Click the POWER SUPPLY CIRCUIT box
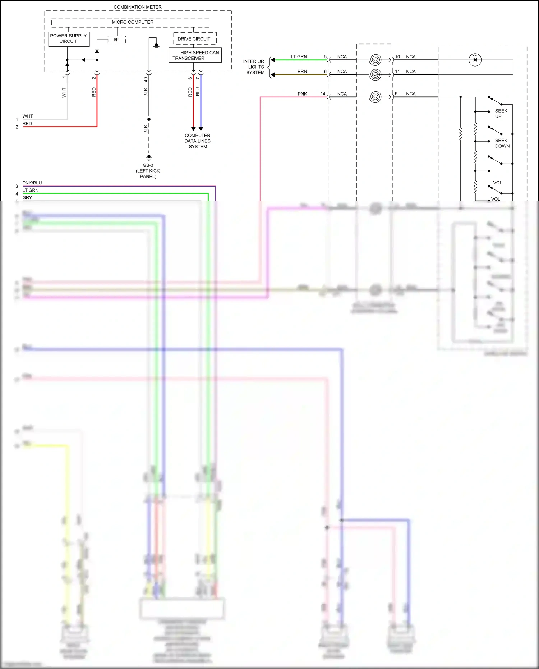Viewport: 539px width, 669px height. pyautogui.click(x=68, y=39)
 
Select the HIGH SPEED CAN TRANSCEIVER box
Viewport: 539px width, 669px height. pyautogui.click(x=195, y=55)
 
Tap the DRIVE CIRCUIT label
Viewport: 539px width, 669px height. pyautogui.click(x=194, y=39)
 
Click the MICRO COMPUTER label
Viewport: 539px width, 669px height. pyautogui.click(x=132, y=22)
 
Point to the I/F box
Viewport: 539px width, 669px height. pyautogui.click(x=116, y=40)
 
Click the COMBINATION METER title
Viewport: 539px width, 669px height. pyautogui.click(x=138, y=7)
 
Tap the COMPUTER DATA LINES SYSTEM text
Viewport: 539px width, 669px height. pyautogui.click(x=198, y=141)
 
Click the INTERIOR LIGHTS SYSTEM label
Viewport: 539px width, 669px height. pyautogui.click(x=254, y=67)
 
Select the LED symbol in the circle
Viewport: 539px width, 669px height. pyautogui.click(x=475, y=60)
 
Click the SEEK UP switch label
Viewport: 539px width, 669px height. pyautogui.click(x=501, y=114)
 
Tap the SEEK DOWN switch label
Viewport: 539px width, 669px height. pyautogui.click(x=502, y=143)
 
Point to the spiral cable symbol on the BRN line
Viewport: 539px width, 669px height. pyautogui.click(x=375, y=74)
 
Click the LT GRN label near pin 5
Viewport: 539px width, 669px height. pyautogui.click(x=299, y=57)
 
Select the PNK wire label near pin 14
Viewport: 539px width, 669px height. pyautogui.click(x=302, y=94)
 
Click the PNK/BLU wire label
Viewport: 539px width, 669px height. pyautogui.click(x=32, y=183)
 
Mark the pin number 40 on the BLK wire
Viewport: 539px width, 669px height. pyautogui.click(x=146, y=80)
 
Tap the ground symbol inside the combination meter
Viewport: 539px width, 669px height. pyautogui.click(x=156, y=46)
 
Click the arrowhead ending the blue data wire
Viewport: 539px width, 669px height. pyautogui.click(x=201, y=129)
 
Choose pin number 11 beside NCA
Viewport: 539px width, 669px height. pyautogui.click(x=397, y=72)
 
